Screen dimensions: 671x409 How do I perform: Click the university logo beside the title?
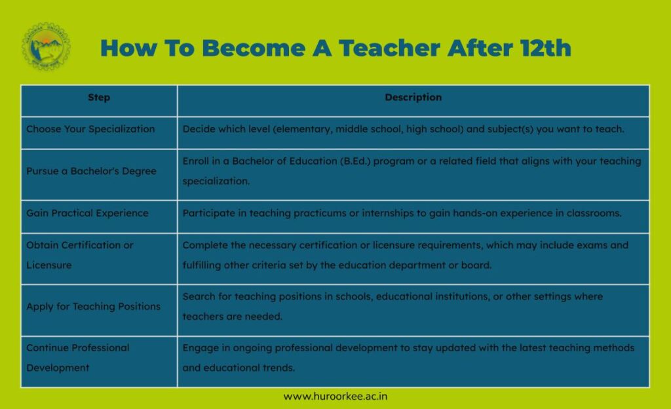pos(46,46)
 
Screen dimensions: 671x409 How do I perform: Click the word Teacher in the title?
pos(389,47)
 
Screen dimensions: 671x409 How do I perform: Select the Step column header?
pos(99,98)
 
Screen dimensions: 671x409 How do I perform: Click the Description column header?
pos(413,97)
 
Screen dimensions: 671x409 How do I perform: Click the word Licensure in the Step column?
pos(48,265)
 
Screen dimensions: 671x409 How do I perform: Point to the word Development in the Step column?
pos(58,368)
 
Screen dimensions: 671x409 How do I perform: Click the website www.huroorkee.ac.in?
pos(335,397)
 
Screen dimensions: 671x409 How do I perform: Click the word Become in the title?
pos(254,47)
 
